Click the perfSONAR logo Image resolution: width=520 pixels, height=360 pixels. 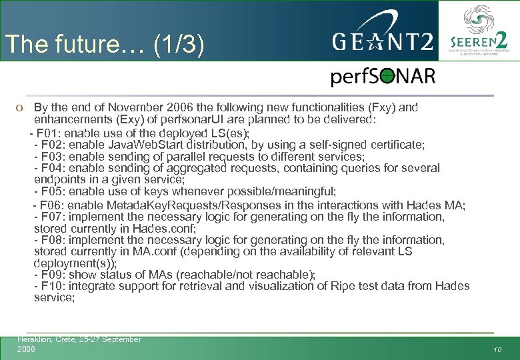tap(383, 77)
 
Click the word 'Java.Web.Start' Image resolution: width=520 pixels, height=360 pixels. tap(141, 144)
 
